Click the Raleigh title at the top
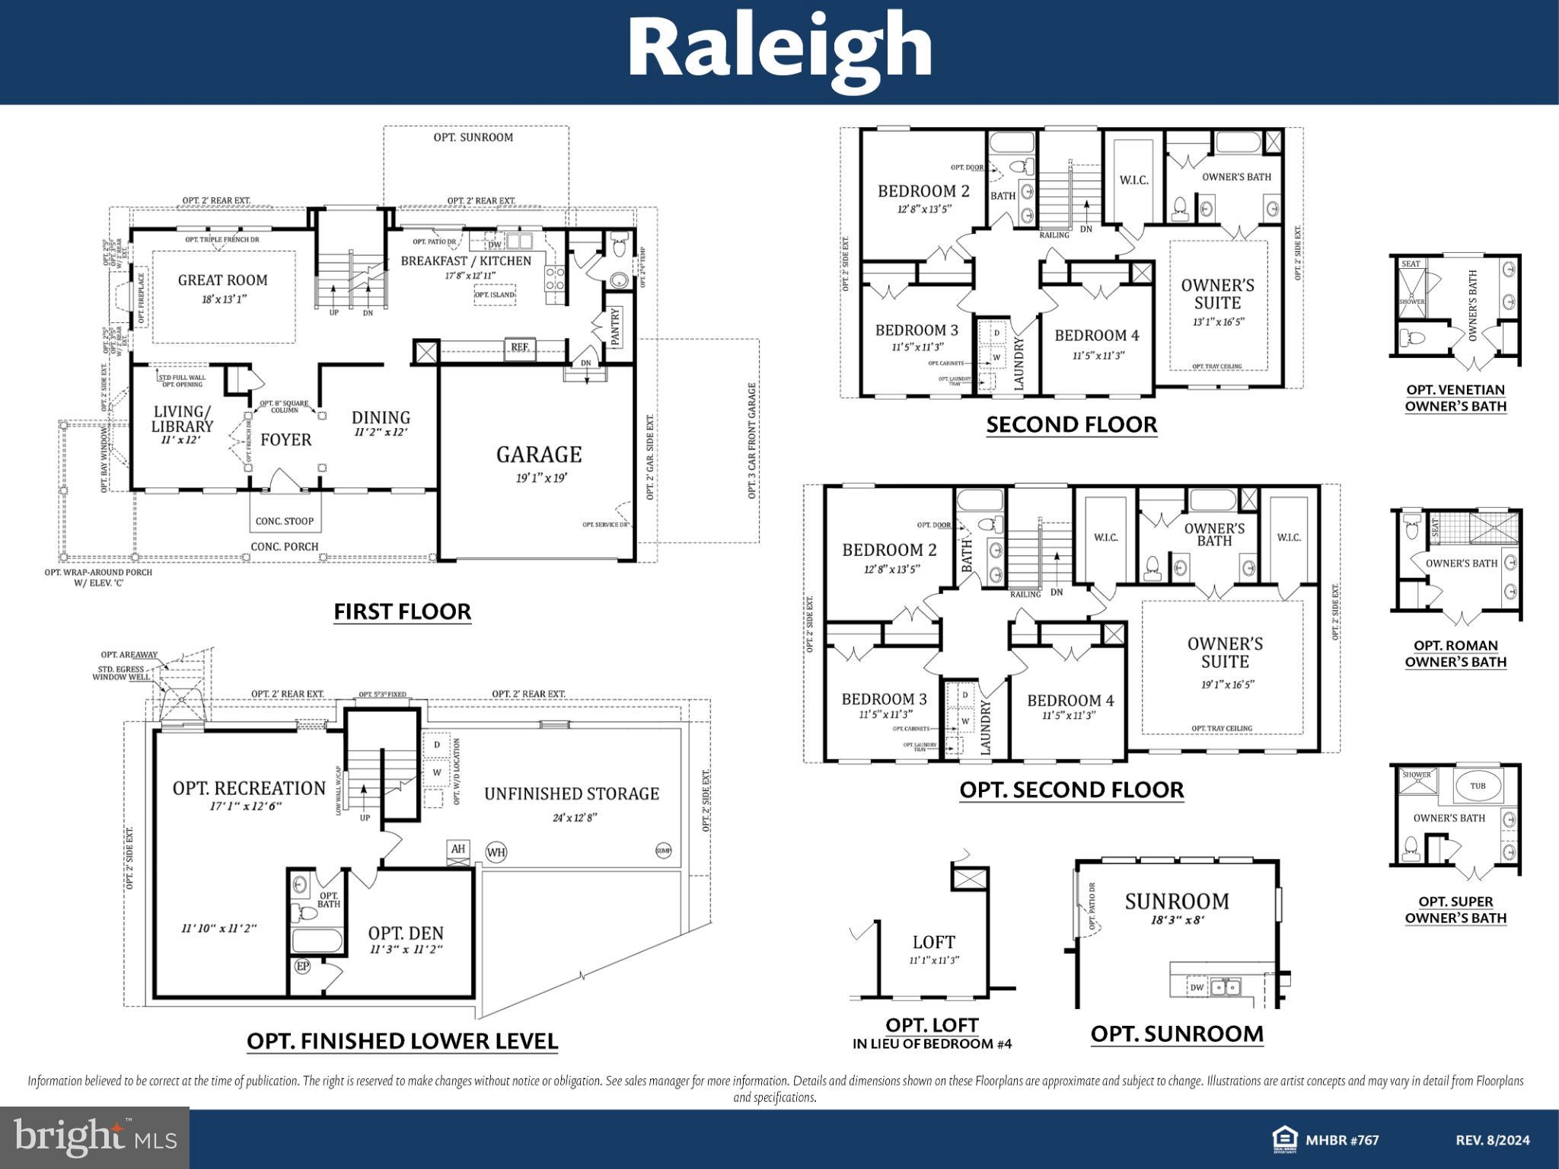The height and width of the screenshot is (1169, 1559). (x=779, y=47)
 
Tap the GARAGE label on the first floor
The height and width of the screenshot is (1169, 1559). (x=539, y=455)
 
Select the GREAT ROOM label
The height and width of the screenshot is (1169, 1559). (x=222, y=279)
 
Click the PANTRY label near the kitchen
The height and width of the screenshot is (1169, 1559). (x=615, y=326)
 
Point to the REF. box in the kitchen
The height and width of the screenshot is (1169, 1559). (x=520, y=347)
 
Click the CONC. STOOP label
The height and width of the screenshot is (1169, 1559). (x=284, y=522)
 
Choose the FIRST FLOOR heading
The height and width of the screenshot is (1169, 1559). (x=402, y=612)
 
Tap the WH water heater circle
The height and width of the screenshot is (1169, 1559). (x=496, y=851)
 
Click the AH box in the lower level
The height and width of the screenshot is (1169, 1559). (x=457, y=848)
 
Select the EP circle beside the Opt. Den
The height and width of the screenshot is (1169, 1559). (x=302, y=966)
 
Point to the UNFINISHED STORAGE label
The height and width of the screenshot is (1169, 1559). (x=572, y=794)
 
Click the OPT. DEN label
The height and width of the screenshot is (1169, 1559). (x=406, y=933)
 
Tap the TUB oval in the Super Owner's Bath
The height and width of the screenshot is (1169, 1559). (x=1477, y=786)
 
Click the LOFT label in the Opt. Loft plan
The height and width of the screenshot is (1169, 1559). (x=933, y=942)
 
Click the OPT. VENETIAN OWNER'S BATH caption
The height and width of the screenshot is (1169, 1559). (x=1455, y=398)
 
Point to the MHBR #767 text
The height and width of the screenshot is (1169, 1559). (x=1342, y=1140)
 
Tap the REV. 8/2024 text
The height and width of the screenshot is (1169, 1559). (x=1492, y=1140)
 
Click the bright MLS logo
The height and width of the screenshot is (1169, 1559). (x=94, y=1138)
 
